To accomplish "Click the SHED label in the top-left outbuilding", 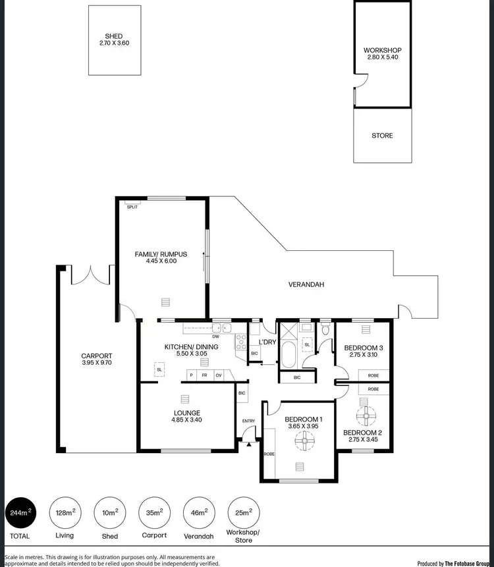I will [114, 36].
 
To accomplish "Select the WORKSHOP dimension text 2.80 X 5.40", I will [382, 57].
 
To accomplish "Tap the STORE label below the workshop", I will [382, 136].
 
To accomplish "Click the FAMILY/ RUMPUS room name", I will [161, 254].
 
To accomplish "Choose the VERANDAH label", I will [307, 284].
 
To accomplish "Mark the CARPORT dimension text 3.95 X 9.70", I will [96, 362].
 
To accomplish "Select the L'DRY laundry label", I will [267, 342].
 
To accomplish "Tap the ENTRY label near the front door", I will [248, 421].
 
